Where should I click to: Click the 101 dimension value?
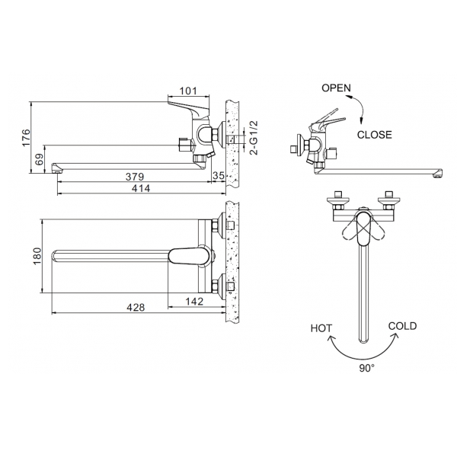click(x=187, y=92)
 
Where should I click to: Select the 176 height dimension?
click(x=26, y=137)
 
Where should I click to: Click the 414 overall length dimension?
click(x=137, y=187)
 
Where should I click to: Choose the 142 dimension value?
click(x=195, y=302)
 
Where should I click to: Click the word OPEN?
click(x=336, y=88)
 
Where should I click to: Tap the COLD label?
click(x=402, y=326)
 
